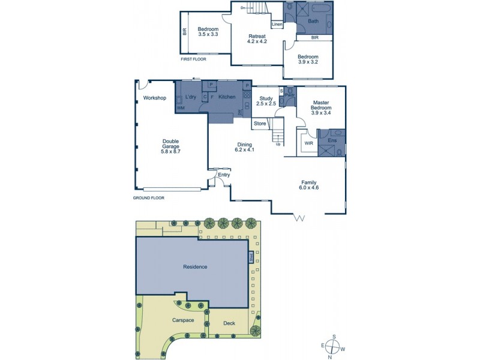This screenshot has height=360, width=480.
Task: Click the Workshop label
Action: [155, 98]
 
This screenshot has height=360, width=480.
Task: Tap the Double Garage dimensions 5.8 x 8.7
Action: [171, 152]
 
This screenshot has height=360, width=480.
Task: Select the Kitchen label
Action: [226, 97]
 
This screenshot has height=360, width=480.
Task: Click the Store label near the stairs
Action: [260, 124]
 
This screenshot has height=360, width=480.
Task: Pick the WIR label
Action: [309, 143]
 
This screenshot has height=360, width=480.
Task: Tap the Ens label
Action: [332, 140]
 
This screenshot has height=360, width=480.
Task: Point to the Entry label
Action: [224, 175]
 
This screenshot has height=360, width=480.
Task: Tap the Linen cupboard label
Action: [277, 25]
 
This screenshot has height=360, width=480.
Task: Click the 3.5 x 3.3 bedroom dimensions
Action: [208, 35]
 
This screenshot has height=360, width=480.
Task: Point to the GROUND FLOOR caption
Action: [148, 197]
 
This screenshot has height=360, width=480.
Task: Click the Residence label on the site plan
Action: [195, 266]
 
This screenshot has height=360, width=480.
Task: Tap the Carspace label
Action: [182, 320]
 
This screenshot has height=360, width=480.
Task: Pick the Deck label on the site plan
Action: [229, 323]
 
